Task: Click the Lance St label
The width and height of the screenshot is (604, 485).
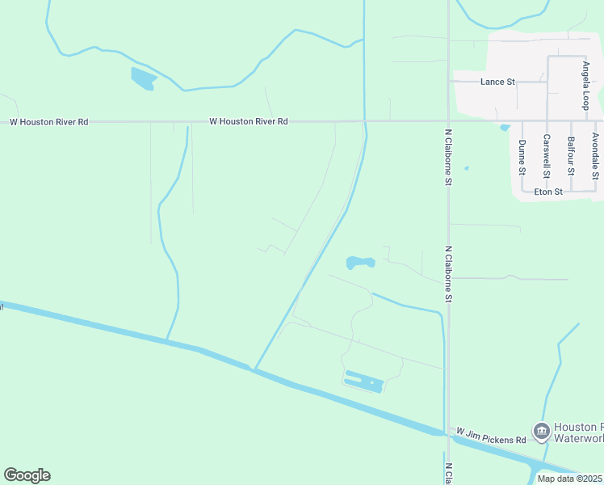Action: [497, 82]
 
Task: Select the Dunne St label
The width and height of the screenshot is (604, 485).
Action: [522, 158]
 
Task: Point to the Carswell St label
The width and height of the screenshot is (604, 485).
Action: [547, 156]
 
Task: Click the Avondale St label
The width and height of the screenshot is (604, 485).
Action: [595, 156]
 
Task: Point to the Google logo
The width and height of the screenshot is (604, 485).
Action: [27, 475]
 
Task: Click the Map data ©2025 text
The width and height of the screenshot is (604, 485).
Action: [570, 479]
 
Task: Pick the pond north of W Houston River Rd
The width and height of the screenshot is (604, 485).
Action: [144, 78]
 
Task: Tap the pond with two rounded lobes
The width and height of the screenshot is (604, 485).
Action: [360, 263]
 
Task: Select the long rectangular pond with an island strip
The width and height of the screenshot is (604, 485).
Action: [364, 381]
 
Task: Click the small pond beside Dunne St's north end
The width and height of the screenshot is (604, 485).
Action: [505, 127]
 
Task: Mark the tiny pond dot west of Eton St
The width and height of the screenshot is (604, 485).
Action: [467, 169]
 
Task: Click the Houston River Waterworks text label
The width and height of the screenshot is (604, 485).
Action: [578, 432]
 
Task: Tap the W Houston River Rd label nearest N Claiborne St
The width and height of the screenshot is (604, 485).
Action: [248, 121]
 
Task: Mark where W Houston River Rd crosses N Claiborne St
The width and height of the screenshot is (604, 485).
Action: [448, 121]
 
